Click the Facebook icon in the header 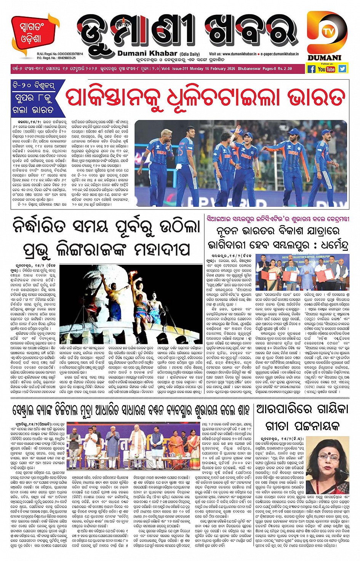pyautogui.click(x=311, y=69)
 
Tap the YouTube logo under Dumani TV pyautogui.click(x=326, y=69)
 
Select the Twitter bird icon pyautogui.click(x=342, y=69)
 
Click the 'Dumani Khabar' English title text pyautogui.click(x=147, y=54)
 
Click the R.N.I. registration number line pyautogui.click(x=60, y=54)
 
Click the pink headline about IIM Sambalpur pyautogui.click(x=278, y=219)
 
